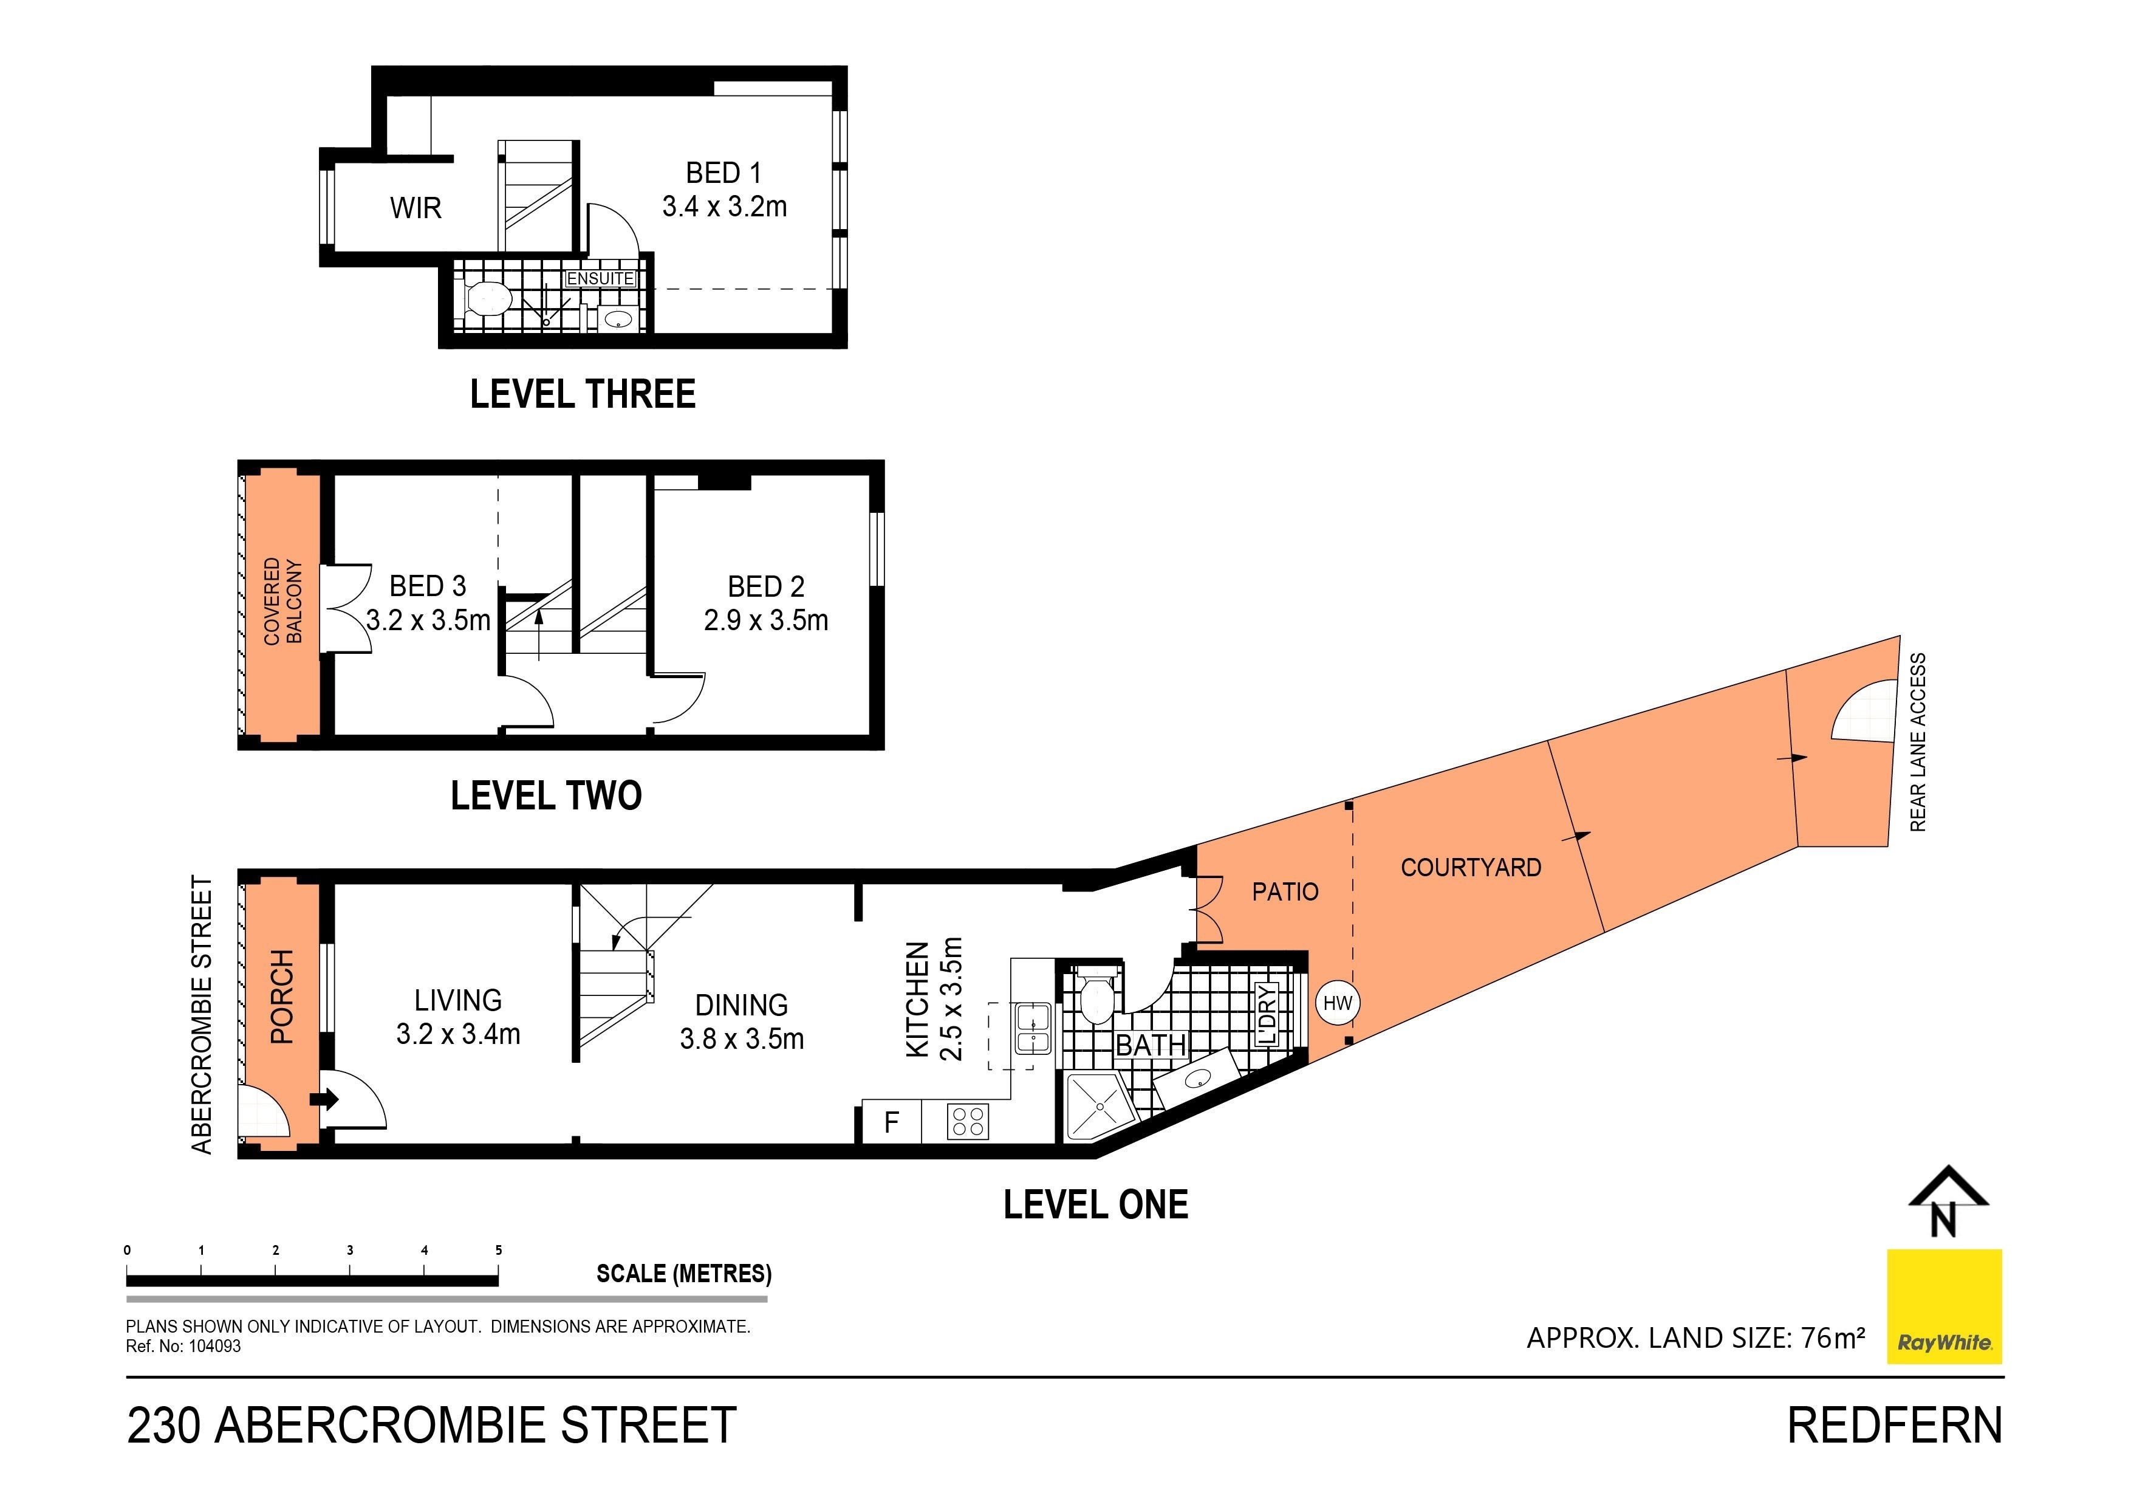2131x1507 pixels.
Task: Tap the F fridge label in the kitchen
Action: coord(891,1122)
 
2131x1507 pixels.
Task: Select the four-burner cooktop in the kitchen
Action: coord(967,1122)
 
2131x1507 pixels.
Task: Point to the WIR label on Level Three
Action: coord(415,208)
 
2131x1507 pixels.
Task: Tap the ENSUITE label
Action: coord(601,278)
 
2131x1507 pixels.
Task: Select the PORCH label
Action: coord(281,997)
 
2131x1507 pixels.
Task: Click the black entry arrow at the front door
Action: coord(326,1099)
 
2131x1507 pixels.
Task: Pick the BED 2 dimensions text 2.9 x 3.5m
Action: coord(765,620)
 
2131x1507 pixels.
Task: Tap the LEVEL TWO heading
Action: coord(546,796)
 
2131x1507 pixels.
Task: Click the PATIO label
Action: coord(1285,892)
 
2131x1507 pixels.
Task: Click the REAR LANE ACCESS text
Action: coord(1918,742)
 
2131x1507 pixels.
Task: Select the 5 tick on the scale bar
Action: coord(498,1251)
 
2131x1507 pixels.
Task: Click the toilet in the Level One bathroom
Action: coord(1097,998)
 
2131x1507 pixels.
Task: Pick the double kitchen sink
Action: coord(1032,1028)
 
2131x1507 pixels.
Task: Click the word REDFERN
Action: coord(1894,1426)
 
